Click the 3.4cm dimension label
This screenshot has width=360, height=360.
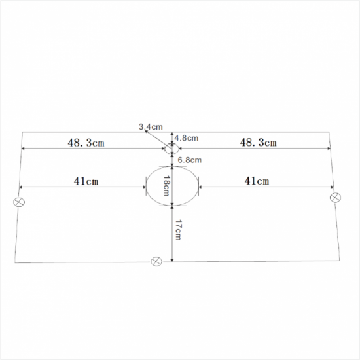[151, 127]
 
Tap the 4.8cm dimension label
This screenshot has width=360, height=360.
[186, 138]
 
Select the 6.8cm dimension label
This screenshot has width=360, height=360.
[189, 160]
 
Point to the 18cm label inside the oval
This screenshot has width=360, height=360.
[166, 186]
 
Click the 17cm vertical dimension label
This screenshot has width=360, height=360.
[178, 230]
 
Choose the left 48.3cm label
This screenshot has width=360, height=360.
[86, 143]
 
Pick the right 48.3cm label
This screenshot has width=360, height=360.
[258, 143]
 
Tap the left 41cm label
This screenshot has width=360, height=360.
[86, 181]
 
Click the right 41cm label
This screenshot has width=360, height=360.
[257, 181]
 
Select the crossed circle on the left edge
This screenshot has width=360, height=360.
[19, 202]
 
